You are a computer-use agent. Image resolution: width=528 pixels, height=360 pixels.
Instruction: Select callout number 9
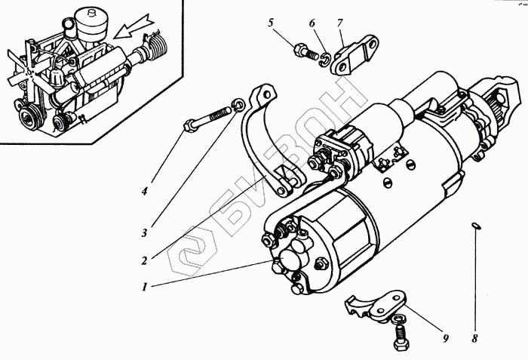pos(445,338)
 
